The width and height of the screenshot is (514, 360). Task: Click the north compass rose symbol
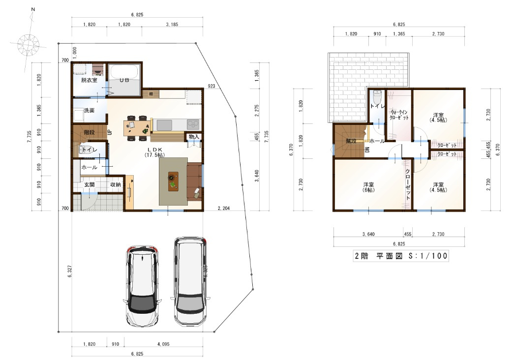pyautogui.click(x=28, y=42)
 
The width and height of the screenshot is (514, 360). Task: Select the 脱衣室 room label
pyautogui.click(x=89, y=80)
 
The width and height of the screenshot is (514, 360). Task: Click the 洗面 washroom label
pyautogui.click(x=89, y=110)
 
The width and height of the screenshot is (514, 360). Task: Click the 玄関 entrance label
pyautogui.click(x=89, y=184)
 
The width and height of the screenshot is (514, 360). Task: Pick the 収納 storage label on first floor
pyautogui.click(x=116, y=184)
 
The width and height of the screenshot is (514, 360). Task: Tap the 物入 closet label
pyautogui.click(x=194, y=136)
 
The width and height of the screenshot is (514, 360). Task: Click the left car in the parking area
pyautogui.click(x=142, y=286)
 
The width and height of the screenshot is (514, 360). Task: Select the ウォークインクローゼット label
pyautogui.click(x=399, y=115)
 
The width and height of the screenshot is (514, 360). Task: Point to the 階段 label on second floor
pyautogui.click(x=351, y=140)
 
